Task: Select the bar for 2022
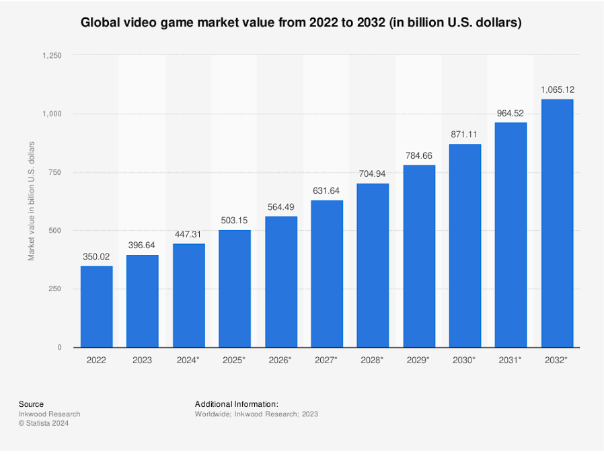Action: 97,307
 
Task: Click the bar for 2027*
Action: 327,274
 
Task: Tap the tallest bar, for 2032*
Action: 557,223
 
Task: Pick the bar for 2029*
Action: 419,256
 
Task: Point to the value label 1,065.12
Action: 557,89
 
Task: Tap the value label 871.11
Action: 465,135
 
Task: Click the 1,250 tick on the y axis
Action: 52,56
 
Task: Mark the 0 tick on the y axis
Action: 59,347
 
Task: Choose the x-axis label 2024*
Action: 189,361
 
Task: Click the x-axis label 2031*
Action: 511,361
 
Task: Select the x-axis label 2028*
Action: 373,361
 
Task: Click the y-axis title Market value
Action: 31,201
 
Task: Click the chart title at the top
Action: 301,22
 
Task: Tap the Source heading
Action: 31,404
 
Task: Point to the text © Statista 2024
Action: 44,424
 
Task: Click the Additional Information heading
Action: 236,404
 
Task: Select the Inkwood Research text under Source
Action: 49,414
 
